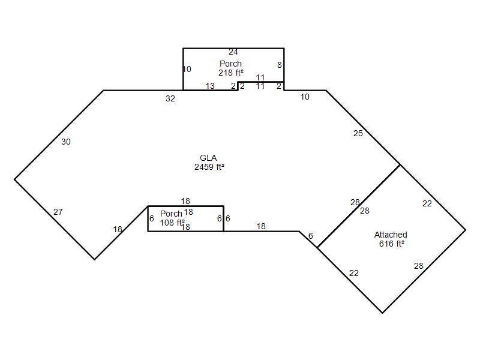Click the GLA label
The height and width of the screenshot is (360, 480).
click(x=208, y=158)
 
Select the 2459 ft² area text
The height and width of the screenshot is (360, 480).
click(x=209, y=167)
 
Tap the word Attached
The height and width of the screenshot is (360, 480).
click(x=391, y=235)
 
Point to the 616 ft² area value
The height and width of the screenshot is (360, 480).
click(x=392, y=244)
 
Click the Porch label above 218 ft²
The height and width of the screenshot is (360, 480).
click(x=230, y=64)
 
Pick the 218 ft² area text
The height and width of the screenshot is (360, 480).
click(x=231, y=73)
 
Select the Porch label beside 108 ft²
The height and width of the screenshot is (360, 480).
click(x=171, y=214)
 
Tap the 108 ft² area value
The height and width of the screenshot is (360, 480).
click(x=172, y=223)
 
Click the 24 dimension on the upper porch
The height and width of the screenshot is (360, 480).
click(x=233, y=52)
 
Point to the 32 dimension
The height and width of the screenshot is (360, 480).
click(x=170, y=98)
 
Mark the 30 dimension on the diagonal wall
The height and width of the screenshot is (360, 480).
click(x=66, y=142)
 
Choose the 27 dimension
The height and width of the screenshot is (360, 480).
click(x=58, y=212)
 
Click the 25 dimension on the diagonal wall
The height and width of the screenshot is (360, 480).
click(x=358, y=133)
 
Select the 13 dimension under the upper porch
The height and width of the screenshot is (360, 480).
click(x=210, y=86)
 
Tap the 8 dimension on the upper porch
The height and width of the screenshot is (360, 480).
click(x=279, y=65)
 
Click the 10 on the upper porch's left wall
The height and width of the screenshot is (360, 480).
click(x=187, y=69)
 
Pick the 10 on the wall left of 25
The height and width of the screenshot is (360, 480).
click(x=305, y=97)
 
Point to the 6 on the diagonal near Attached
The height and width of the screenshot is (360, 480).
click(x=310, y=236)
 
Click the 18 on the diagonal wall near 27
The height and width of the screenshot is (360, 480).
click(x=118, y=229)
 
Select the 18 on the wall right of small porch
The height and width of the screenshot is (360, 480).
click(x=261, y=226)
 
